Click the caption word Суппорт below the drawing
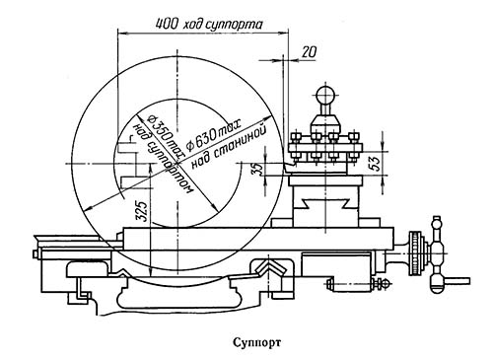[257, 342]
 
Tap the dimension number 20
[310, 52]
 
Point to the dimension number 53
[377, 162]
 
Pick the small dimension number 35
[259, 169]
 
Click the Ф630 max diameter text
[214, 134]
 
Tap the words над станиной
[228, 147]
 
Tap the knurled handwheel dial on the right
[416, 253]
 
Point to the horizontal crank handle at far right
[455, 281]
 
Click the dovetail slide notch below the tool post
[325, 204]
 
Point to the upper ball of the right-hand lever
[437, 222]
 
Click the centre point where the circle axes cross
[177, 164]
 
